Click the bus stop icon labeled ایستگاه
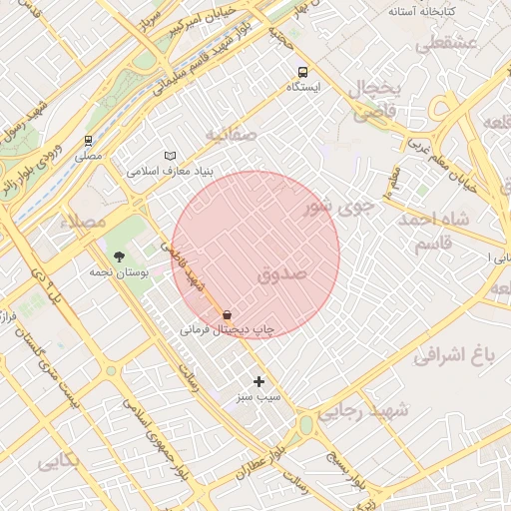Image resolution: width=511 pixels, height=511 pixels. pos(302,72)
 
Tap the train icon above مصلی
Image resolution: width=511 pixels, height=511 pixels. pos(88,141)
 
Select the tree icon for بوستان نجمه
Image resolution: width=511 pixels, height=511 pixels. pos(120,256)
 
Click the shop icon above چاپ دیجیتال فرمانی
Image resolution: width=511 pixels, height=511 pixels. pos(228,313)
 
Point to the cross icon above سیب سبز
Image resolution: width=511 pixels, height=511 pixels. pos(259,381)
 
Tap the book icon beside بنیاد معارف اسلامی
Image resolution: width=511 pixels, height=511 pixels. pos(171,156)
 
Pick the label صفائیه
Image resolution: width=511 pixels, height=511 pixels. pos(232,134)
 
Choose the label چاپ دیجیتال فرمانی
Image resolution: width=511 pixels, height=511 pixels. pos(228,328)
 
